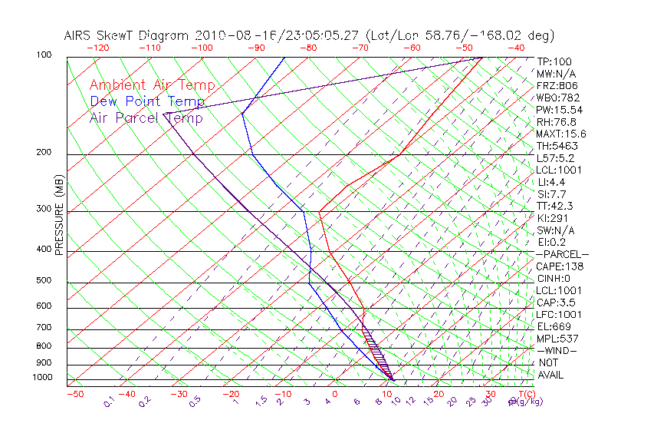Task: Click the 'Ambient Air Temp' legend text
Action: (x=152, y=85)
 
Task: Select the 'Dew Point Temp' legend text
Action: (x=147, y=101)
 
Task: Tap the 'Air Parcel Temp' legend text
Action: (x=146, y=117)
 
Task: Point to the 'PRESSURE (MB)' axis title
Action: (x=59, y=218)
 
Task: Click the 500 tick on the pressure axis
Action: (x=44, y=280)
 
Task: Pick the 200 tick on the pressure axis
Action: (x=44, y=152)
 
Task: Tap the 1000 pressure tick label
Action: (x=41, y=377)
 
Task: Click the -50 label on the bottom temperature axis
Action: (x=74, y=394)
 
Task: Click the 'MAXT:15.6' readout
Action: (x=561, y=134)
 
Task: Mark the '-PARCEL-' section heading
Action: (x=562, y=254)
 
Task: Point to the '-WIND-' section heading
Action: (x=557, y=350)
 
